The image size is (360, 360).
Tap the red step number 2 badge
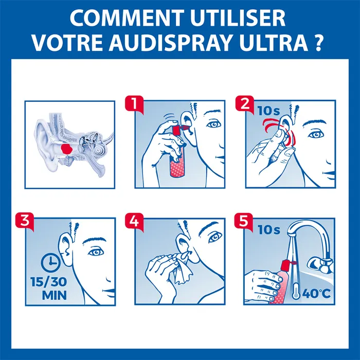click(242, 103)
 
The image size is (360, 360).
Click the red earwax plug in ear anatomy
click(66, 148)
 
